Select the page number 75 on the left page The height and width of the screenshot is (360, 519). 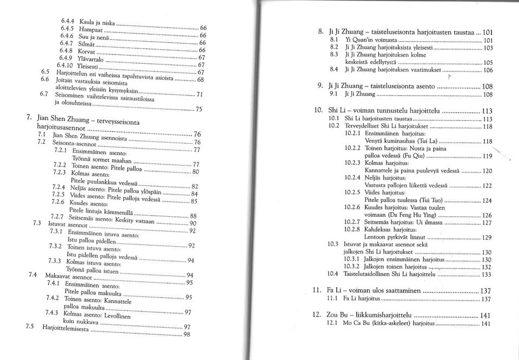click(199, 108)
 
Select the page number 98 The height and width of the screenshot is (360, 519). click(187, 334)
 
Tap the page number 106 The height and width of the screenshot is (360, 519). click(488, 70)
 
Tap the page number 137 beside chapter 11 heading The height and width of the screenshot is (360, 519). click(486, 291)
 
